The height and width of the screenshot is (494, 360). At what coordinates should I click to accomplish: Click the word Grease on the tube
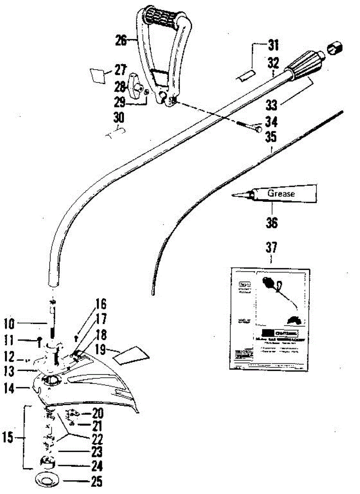tap(281, 193)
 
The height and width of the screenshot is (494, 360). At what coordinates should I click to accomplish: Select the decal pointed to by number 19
tap(132, 355)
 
